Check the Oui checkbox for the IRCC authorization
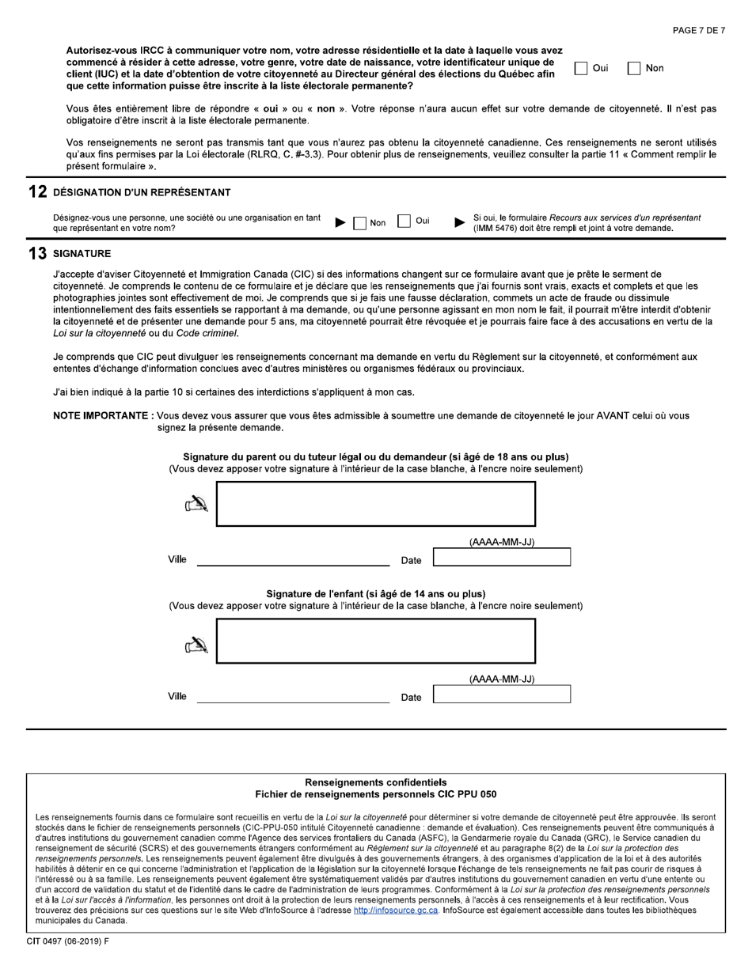(581, 69)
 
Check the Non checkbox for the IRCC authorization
(634, 69)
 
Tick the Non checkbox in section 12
(360, 222)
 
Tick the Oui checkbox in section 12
(404, 221)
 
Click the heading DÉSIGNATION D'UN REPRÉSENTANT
(142, 193)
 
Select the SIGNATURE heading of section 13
(82, 254)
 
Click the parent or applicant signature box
(376, 504)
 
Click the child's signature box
(376, 641)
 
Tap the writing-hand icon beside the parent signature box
(196, 504)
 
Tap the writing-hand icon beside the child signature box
(196, 646)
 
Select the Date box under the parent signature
(502, 558)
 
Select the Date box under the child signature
(502, 695)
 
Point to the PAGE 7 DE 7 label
(698, 31)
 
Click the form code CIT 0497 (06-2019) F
(68, 941)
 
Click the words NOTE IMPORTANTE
(102, 416)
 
